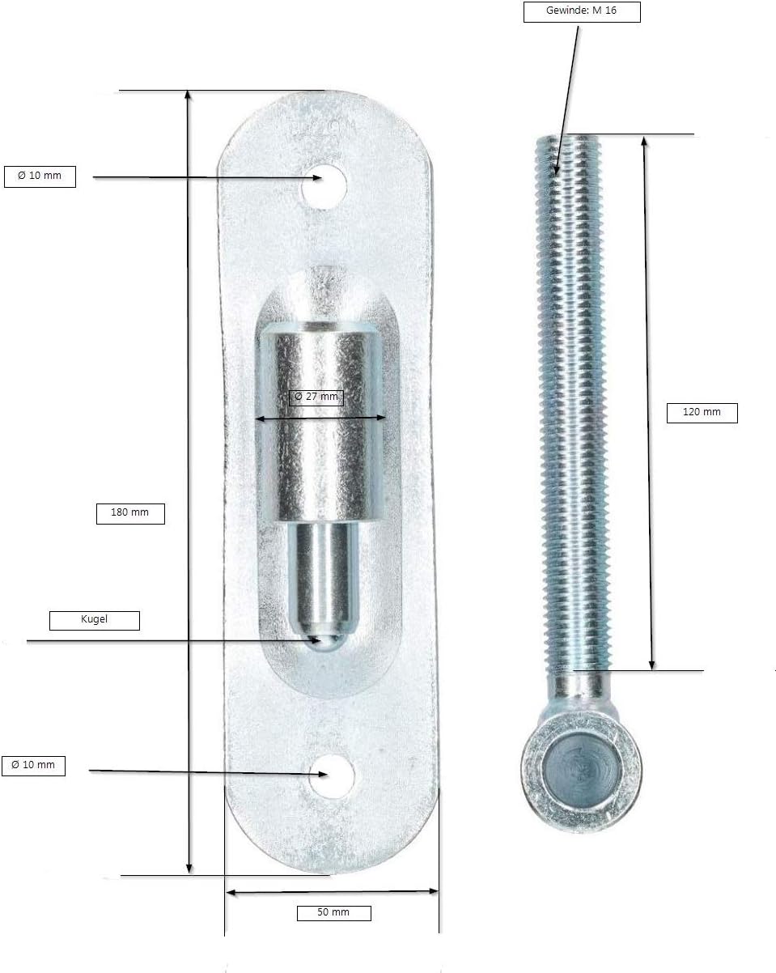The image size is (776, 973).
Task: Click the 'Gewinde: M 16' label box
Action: (582, 12)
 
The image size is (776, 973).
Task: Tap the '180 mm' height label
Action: (130, 514)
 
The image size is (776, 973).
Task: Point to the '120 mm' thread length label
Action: (702, 413)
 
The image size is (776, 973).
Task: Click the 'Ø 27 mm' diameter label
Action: (316, 397)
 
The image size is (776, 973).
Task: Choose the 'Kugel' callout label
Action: (95, 620)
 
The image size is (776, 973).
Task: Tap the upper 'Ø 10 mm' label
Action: (40, 176)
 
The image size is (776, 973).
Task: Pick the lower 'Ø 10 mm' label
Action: (33, 766)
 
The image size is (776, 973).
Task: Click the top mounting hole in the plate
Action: (324, 187)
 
